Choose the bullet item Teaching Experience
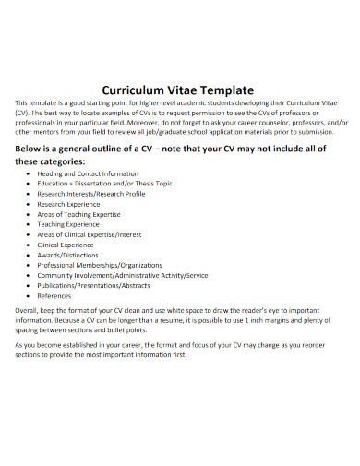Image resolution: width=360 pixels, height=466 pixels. tap(69, 223)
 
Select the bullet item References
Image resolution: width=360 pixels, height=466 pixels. tap(54, 296)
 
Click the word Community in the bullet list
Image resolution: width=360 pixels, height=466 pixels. tap(57, 276)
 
